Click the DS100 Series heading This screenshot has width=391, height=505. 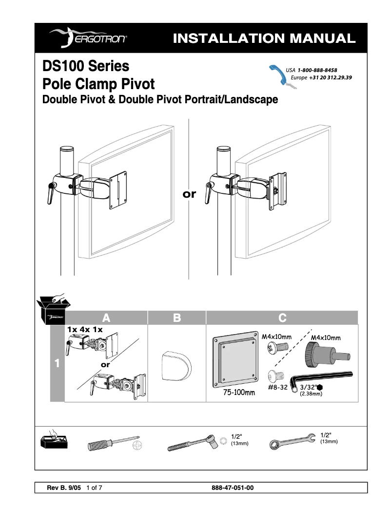click(x=86, y=65)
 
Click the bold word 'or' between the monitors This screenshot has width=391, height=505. click(x=189, y=194)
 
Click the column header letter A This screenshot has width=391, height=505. click(x=106, y=318)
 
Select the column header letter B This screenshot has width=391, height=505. click(x=176, y=318)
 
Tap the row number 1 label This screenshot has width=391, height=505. click(x=57, y=363)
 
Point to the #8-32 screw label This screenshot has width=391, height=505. click(x=277, y=388)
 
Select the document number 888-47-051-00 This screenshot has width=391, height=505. click(x=233, y=487)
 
